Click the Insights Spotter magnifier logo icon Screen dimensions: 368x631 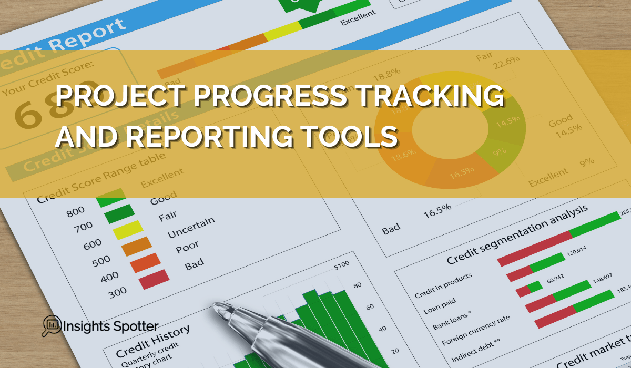51,325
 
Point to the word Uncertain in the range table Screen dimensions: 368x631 191,227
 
